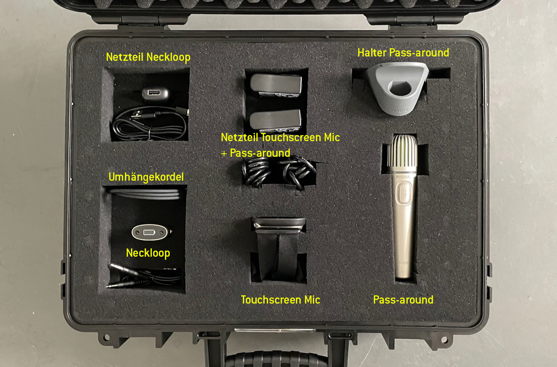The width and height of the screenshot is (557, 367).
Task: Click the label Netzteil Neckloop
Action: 148,57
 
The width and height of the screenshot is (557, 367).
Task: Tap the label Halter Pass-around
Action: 403,53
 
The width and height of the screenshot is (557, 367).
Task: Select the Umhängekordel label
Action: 146,177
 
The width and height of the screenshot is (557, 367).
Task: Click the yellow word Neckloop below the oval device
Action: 148,253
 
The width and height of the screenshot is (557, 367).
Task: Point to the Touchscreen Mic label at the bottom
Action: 281,300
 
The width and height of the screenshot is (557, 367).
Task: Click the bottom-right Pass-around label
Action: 403,300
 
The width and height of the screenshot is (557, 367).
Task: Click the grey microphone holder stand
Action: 397,88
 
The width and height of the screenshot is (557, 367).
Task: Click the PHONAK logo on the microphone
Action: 403,177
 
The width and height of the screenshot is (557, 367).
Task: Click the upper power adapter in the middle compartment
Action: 276,85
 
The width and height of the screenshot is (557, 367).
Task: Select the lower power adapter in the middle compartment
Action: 275,120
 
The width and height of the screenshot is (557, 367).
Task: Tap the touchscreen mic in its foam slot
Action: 279,248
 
